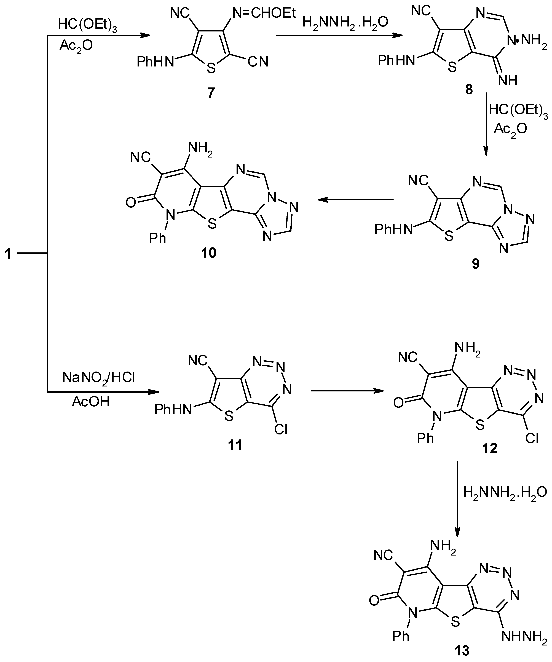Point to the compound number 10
pyautogui.click(x=209, y=252)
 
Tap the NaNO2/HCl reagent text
pyautogui.click(x=99, y=377)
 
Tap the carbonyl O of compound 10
pyautogui.click(x=131, y=202)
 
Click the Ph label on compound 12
pyautogui.click(x=425, y=438)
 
